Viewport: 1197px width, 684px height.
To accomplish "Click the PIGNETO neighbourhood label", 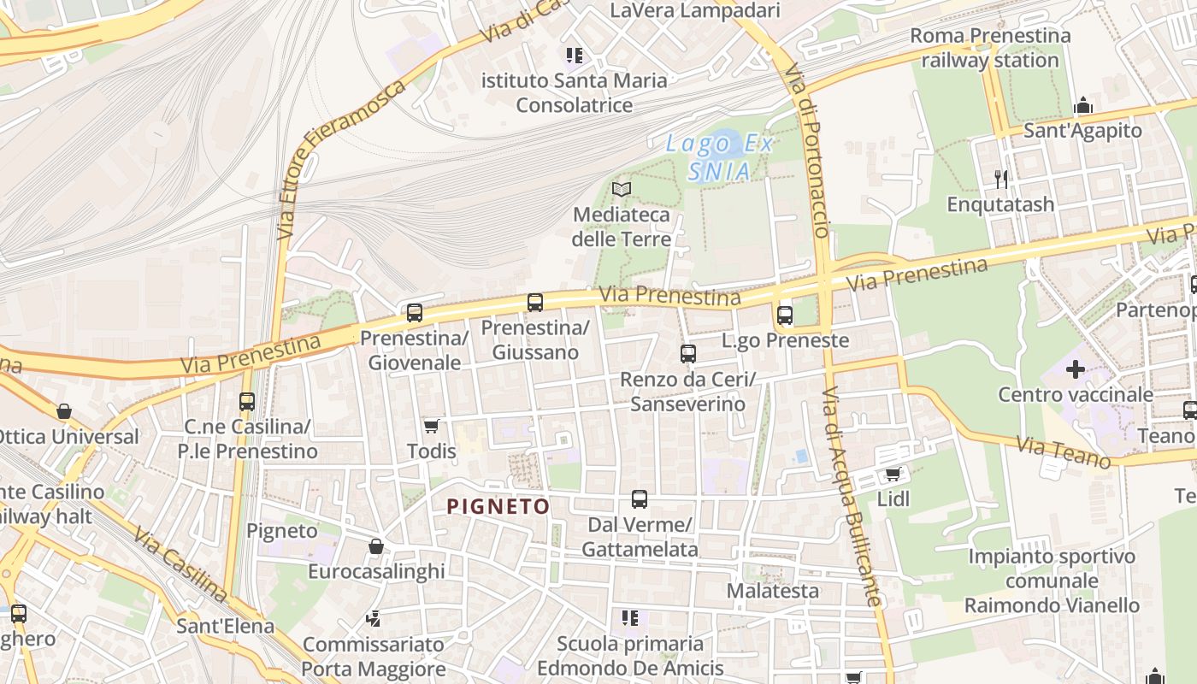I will click(498, 506).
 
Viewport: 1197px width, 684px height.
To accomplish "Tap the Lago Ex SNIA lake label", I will click(720, 157).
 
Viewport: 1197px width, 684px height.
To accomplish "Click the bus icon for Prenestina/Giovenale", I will click(415, 313).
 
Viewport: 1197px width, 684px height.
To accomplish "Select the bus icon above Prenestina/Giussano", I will click(535, 303).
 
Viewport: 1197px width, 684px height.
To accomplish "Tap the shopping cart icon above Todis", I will click(432, 426).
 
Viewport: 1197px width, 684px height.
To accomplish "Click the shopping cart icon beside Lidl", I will click(893, 474).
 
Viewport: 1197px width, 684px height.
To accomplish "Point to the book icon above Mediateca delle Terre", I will click(622, 189).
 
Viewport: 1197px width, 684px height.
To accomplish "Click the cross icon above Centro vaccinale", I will click(1076, 370).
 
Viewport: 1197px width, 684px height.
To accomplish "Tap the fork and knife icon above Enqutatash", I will click(1001, 180).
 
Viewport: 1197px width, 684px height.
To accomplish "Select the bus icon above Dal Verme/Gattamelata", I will click(640, 499).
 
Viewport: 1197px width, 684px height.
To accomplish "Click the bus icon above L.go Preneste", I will click(785, 315).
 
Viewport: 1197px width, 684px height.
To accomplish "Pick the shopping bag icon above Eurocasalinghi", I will click(376, 546).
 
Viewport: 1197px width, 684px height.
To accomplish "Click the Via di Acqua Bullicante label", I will click(852, 497).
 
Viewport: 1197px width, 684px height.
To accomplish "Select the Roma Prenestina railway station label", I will click(990, 48).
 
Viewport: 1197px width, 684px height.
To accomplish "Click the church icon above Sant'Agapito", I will click(1084, 106).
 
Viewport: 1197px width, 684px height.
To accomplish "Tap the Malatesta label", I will click(773, 591).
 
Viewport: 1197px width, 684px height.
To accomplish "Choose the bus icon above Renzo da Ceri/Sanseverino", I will click(688, 354).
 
